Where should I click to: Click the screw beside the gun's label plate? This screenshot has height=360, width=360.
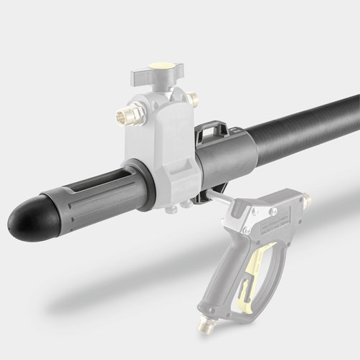click(248, 229)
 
